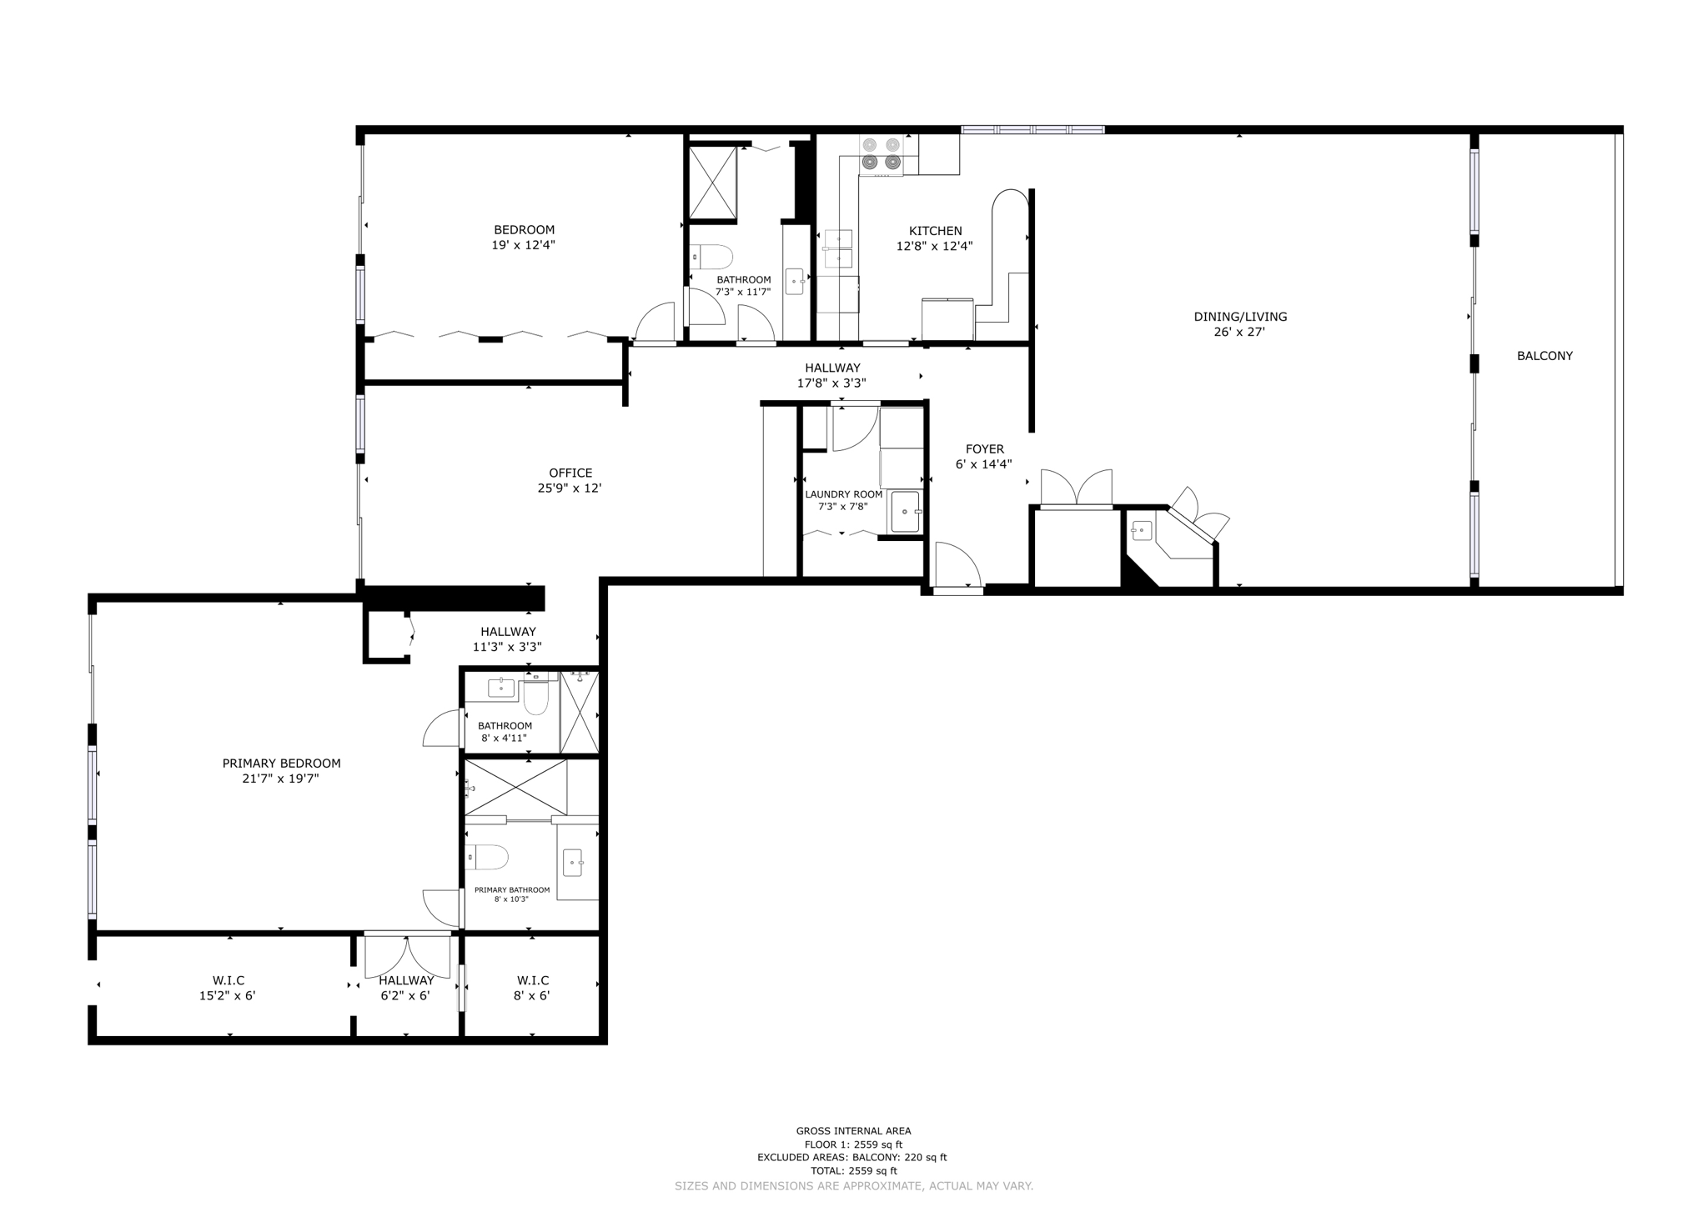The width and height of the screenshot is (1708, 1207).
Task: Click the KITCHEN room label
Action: [935, 231]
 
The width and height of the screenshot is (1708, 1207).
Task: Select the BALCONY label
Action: [1545, 356]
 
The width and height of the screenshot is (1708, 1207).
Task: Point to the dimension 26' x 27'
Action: [1239, 332]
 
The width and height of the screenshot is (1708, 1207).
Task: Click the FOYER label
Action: [984, 449]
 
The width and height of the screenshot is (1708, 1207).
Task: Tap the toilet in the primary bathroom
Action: [488, 856]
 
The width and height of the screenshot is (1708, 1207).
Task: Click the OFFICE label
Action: [570, 473]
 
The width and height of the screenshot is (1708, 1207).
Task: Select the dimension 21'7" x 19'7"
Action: [281, 779]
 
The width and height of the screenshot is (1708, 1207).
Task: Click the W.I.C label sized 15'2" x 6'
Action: [228, 980]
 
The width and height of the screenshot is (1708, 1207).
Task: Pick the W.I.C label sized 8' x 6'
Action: [532, 980]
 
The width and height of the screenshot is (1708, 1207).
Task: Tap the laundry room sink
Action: [905, 511]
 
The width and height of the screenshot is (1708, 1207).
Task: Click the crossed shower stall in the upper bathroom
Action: [712, 183]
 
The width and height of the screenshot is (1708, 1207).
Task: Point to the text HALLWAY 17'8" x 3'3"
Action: [832, 375]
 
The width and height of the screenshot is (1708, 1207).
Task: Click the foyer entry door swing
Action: [957, 565]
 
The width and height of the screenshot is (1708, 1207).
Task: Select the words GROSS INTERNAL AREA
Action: [853, 1131]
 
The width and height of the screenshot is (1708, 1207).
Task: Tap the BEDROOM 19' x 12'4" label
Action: [524, 237]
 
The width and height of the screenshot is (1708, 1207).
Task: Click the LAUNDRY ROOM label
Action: [843, 494]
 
